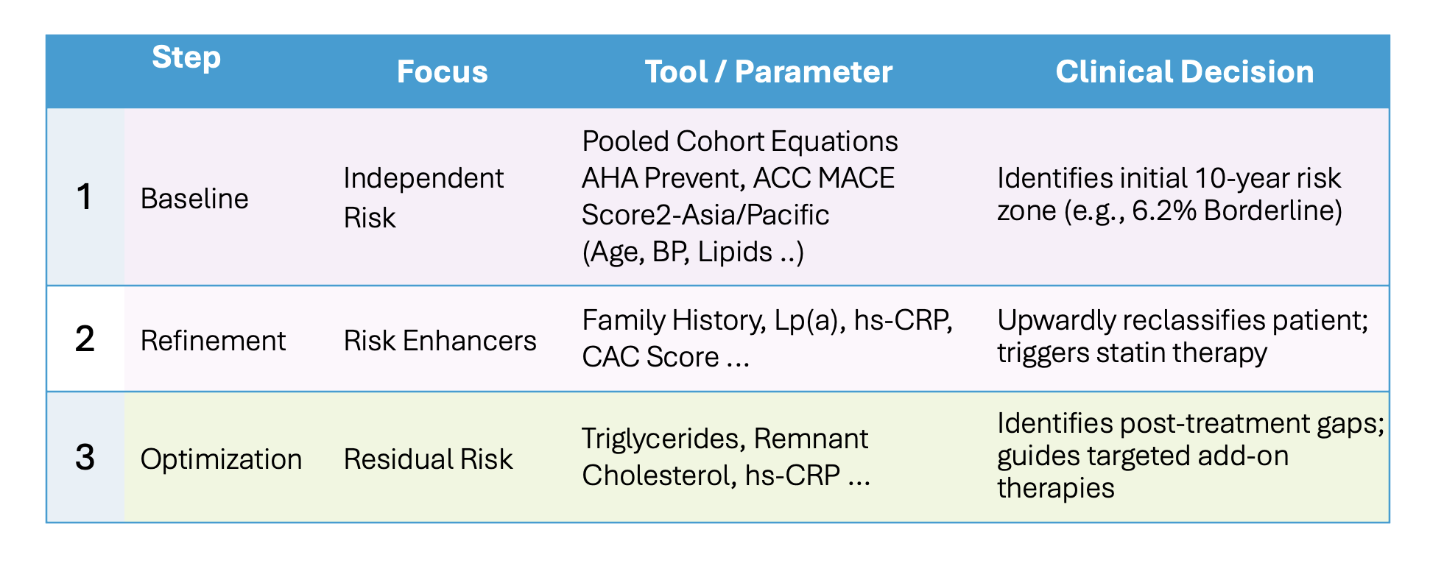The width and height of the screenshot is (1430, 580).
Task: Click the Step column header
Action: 186,57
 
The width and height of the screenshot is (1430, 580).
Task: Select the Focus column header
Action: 442,71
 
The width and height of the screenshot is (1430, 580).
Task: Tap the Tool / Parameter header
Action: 768,71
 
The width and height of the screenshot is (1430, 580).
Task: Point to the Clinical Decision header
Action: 1184,71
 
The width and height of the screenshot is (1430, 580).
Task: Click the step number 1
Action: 85,197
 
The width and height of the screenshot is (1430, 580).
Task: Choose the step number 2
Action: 85,339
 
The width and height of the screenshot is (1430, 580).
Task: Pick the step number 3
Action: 85,458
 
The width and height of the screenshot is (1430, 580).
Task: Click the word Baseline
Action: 194,199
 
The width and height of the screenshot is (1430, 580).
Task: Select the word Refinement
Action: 213,341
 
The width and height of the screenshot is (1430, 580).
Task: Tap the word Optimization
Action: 221,459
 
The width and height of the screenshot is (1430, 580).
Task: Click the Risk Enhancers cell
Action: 440,341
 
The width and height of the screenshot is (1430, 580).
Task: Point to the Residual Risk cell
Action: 428,459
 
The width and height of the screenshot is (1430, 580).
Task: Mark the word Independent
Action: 423,178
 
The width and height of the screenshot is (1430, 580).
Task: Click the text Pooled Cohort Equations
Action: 740,141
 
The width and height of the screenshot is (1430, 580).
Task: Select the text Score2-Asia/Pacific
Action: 705,215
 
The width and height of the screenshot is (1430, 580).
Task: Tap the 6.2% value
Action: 1163,211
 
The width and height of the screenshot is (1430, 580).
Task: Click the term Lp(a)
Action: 809,320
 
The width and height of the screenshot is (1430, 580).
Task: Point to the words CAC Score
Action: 650,357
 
